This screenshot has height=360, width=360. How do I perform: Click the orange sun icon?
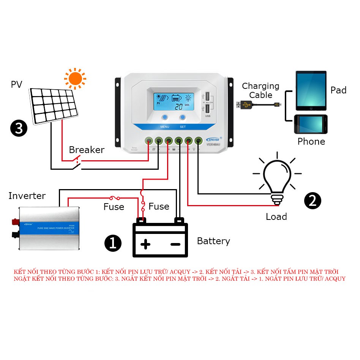(75, 79)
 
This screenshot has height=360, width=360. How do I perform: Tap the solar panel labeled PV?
(53, 105)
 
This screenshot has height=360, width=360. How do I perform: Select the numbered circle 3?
(19, 128)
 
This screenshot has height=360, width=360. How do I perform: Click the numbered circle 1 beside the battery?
(112, 243)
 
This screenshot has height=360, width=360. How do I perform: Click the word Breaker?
(87, 150)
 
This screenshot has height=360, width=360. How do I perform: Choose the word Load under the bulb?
(276, 217)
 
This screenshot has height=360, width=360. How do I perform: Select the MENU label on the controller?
(165, 127)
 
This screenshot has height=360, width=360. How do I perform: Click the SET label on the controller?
(183, 127)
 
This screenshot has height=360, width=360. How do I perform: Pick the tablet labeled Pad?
(311, 91)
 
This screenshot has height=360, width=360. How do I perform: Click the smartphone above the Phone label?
(310, 124)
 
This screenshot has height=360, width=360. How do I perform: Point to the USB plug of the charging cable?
(243, 104)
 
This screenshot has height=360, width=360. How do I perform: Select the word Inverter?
(27, 196)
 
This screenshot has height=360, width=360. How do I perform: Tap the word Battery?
(213, 241)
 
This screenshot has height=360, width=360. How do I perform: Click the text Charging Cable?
(261, 91)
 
